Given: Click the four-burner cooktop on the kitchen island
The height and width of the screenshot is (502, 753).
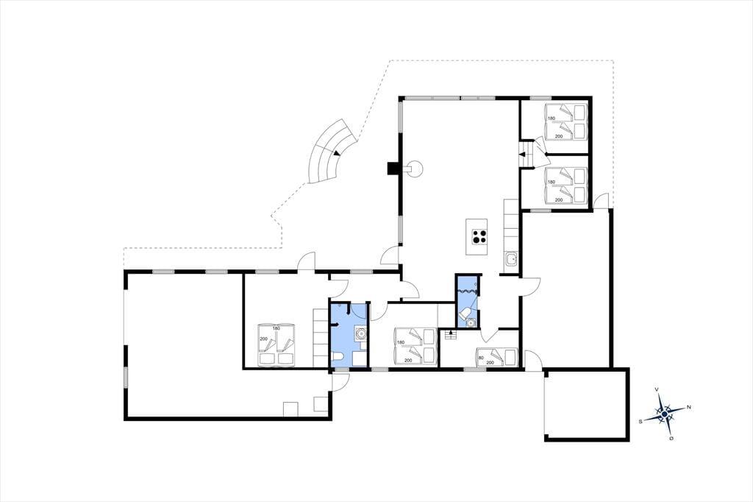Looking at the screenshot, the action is (478, 236).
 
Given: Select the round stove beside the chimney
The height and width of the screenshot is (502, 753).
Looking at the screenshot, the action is (415, 169).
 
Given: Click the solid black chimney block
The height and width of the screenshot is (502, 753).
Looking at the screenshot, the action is (393, 169).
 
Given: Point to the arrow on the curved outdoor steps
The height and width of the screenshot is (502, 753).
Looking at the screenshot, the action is (335, 152).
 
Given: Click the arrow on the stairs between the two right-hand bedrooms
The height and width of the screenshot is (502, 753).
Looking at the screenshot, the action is (522, 155).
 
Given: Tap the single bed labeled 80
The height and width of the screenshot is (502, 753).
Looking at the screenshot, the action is (496, 356).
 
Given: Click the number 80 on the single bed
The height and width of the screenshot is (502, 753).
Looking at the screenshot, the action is (481, 357).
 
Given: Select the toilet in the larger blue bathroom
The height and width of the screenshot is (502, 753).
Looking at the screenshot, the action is (338, 357).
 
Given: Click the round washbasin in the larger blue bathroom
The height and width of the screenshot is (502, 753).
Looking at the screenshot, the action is (360, 333).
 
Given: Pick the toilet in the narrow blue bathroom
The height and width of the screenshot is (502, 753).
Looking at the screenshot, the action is (465, 314).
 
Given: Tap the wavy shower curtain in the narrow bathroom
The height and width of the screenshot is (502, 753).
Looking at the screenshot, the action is (467, 291).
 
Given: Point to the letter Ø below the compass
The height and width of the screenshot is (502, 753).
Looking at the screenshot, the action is (671, 438).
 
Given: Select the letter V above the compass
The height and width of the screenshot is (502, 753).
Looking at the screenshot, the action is (657, 389).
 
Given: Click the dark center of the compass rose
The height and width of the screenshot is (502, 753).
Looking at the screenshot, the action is (664, 414).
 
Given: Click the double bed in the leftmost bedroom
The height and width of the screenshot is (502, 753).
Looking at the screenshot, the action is (276, 344).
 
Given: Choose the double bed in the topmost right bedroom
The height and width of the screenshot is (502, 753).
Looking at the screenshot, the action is (565, 121).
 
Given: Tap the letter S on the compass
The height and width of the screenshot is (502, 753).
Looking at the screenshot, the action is (640, 421).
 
